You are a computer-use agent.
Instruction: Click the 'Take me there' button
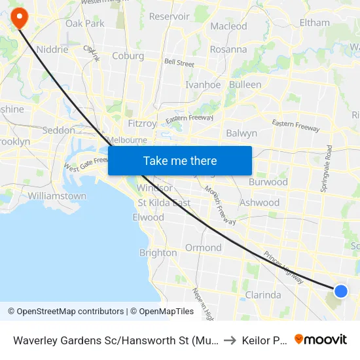coord(180,160)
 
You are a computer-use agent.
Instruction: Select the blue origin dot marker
coord(341,291)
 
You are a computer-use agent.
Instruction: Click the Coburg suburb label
coord(128,56)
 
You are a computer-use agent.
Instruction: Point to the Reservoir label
coord(169,16)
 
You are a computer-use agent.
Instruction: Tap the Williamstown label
coord(57,196)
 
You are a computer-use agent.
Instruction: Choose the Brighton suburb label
coord(158,253)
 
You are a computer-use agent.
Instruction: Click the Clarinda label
coord(262,295)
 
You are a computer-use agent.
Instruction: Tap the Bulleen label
coord(245,84)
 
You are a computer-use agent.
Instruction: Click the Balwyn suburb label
coord(242,133)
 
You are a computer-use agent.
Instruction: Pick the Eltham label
coord(314,22)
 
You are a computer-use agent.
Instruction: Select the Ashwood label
coord(259,203)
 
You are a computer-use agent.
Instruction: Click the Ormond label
coord(203,247)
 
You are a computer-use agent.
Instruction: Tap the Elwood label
coord(148,217)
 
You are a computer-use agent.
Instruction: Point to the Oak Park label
coord(85,24)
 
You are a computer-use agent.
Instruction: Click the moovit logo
coord(321,340)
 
